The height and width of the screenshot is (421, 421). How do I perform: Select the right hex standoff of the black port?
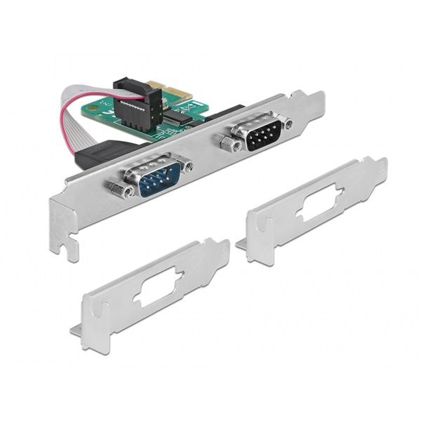coord(288,122)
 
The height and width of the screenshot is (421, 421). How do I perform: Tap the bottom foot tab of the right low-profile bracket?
coord(241,243)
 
